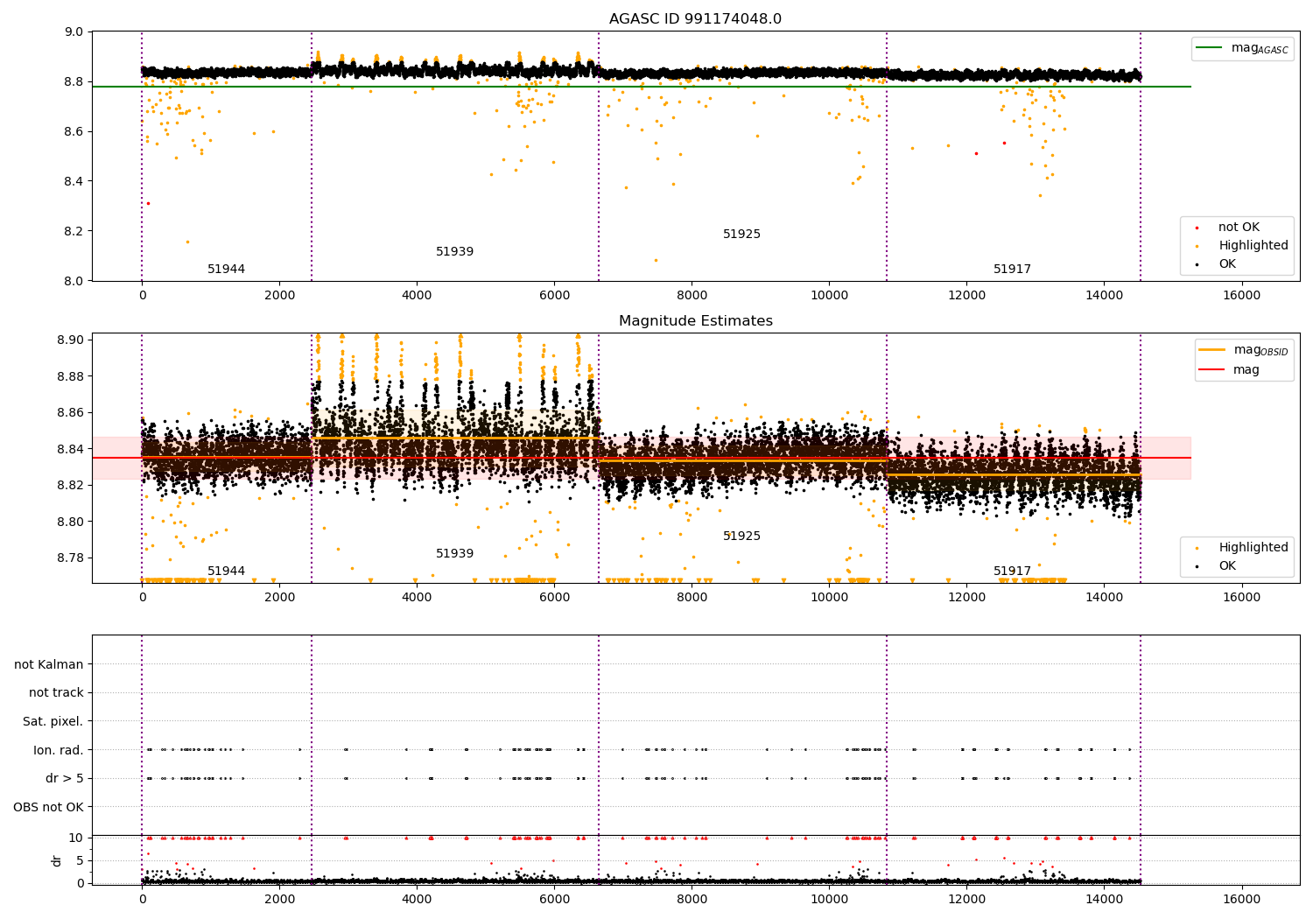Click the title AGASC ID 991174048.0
[x=695, y=19]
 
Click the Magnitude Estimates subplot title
[x=695, y=321]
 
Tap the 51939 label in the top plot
[x=454, y=252]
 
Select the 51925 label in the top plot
[x=741, y=235]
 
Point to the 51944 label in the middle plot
[x=226, y=572]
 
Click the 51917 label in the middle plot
[x=1012, y=572]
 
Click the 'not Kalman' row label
[x=49, y=665]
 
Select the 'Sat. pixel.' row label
[x=53, y=722]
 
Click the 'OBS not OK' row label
[x=48, y=807]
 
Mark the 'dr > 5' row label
[x=64, y=779]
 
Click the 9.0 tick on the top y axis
[x=74, y=32]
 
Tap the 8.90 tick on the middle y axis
[x=71, y=340]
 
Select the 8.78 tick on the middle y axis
[x=71, y=558]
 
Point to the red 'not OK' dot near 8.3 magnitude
[x=148, y=203]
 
